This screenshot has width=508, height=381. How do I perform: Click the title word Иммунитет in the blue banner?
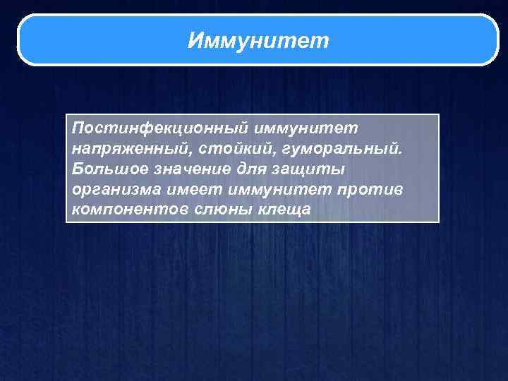[258, 41]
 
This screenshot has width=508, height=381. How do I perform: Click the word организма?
[114, 190]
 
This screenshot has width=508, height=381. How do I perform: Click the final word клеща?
[286, 211]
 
